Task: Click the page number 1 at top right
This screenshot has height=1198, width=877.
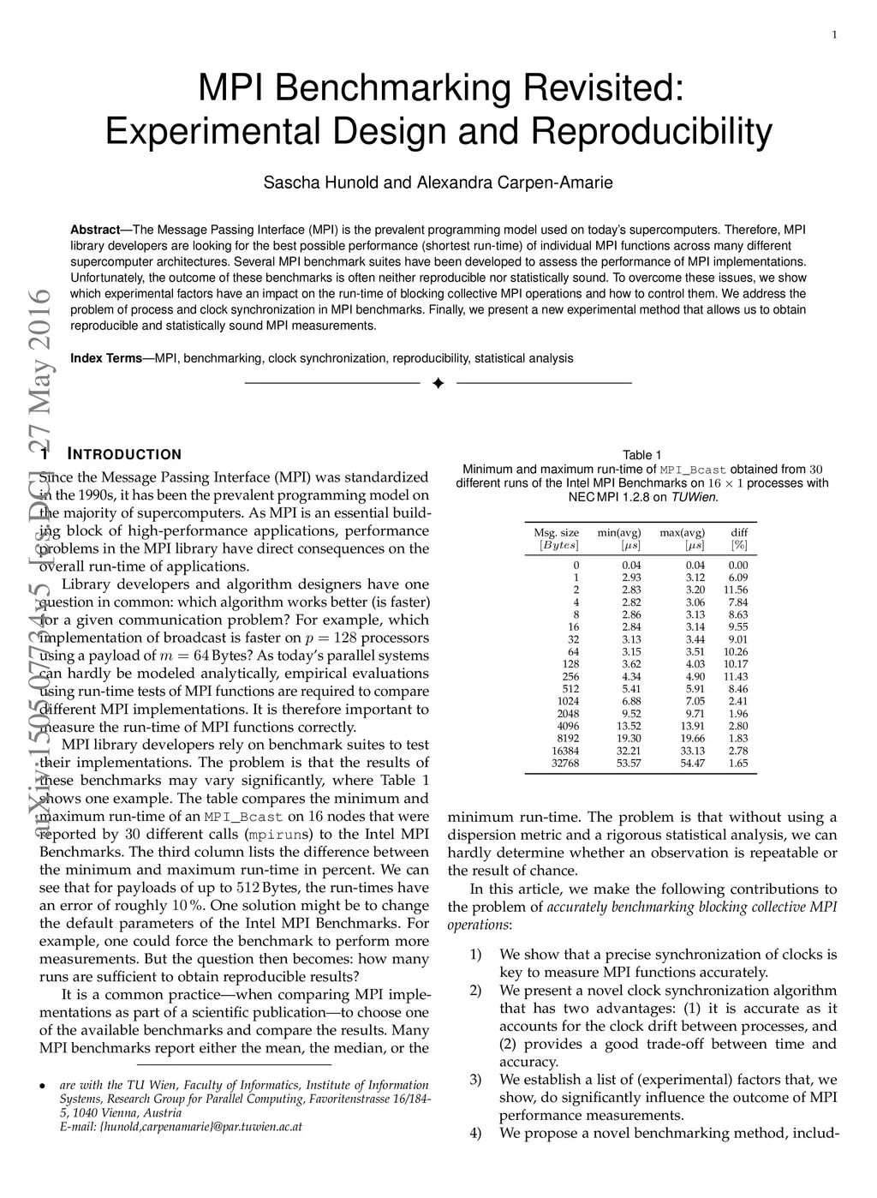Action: coord(834,34)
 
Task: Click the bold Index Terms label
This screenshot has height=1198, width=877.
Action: coord(105,358)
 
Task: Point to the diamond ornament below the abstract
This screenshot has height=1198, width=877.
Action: coord(438,382)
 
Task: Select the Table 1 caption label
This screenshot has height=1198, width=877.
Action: coord(642,455)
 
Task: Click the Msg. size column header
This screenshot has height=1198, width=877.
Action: coord(557,533)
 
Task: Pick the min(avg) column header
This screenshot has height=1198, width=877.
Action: coord(619,533)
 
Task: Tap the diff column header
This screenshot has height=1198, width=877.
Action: coord(739,533)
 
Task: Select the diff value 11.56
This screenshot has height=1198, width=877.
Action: coord(736,590)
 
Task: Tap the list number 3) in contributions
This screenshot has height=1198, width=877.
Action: coord(476,1080)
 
